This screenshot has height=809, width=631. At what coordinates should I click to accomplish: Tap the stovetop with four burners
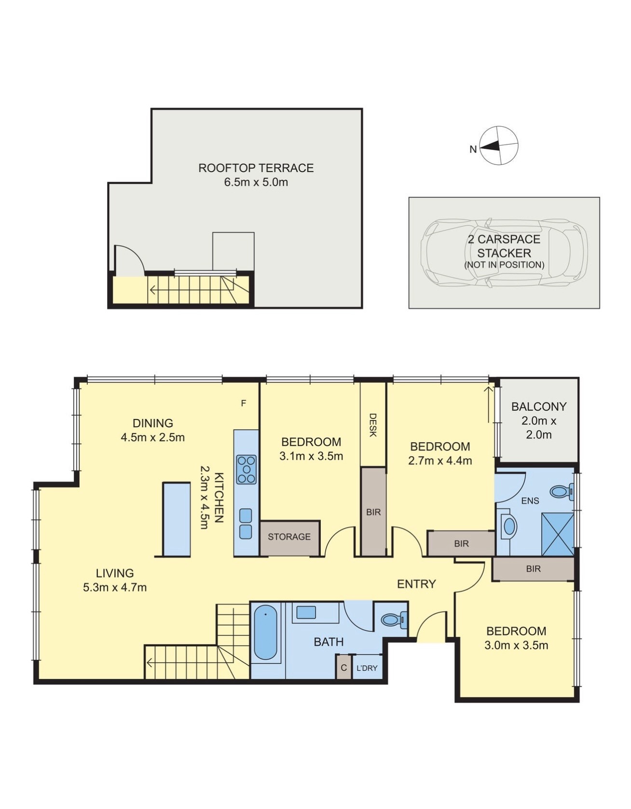click(246, 469)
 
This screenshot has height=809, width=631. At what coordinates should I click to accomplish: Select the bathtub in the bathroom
click(265, 632)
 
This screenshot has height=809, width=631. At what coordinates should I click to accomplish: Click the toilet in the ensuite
click(561, 492)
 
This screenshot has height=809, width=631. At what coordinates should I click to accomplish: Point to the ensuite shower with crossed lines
click(557, 535)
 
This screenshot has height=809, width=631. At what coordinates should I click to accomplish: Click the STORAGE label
click(289, 537)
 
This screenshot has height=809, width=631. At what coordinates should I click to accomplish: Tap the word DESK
click(372, 425)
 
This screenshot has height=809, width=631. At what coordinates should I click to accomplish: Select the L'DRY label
click(367, 668)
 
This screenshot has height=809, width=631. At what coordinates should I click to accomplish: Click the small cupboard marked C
click(343, 668)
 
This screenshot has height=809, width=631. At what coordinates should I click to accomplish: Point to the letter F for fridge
click(244, 403)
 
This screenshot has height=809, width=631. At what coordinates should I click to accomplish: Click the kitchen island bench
click(177, 519)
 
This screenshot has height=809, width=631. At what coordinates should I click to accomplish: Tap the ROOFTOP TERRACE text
click(256, 168)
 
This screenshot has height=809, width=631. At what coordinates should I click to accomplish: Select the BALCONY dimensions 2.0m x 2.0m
click(538, 428)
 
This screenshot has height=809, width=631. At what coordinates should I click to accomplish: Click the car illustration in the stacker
click(504, 253)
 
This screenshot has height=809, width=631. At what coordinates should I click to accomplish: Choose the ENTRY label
click(416, 584)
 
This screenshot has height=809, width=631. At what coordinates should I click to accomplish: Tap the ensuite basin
click(508, 526)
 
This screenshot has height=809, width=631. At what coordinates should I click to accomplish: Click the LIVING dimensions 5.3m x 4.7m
click(115, 587)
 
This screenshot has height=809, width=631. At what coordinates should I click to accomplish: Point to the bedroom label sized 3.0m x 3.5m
click(516, 638)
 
